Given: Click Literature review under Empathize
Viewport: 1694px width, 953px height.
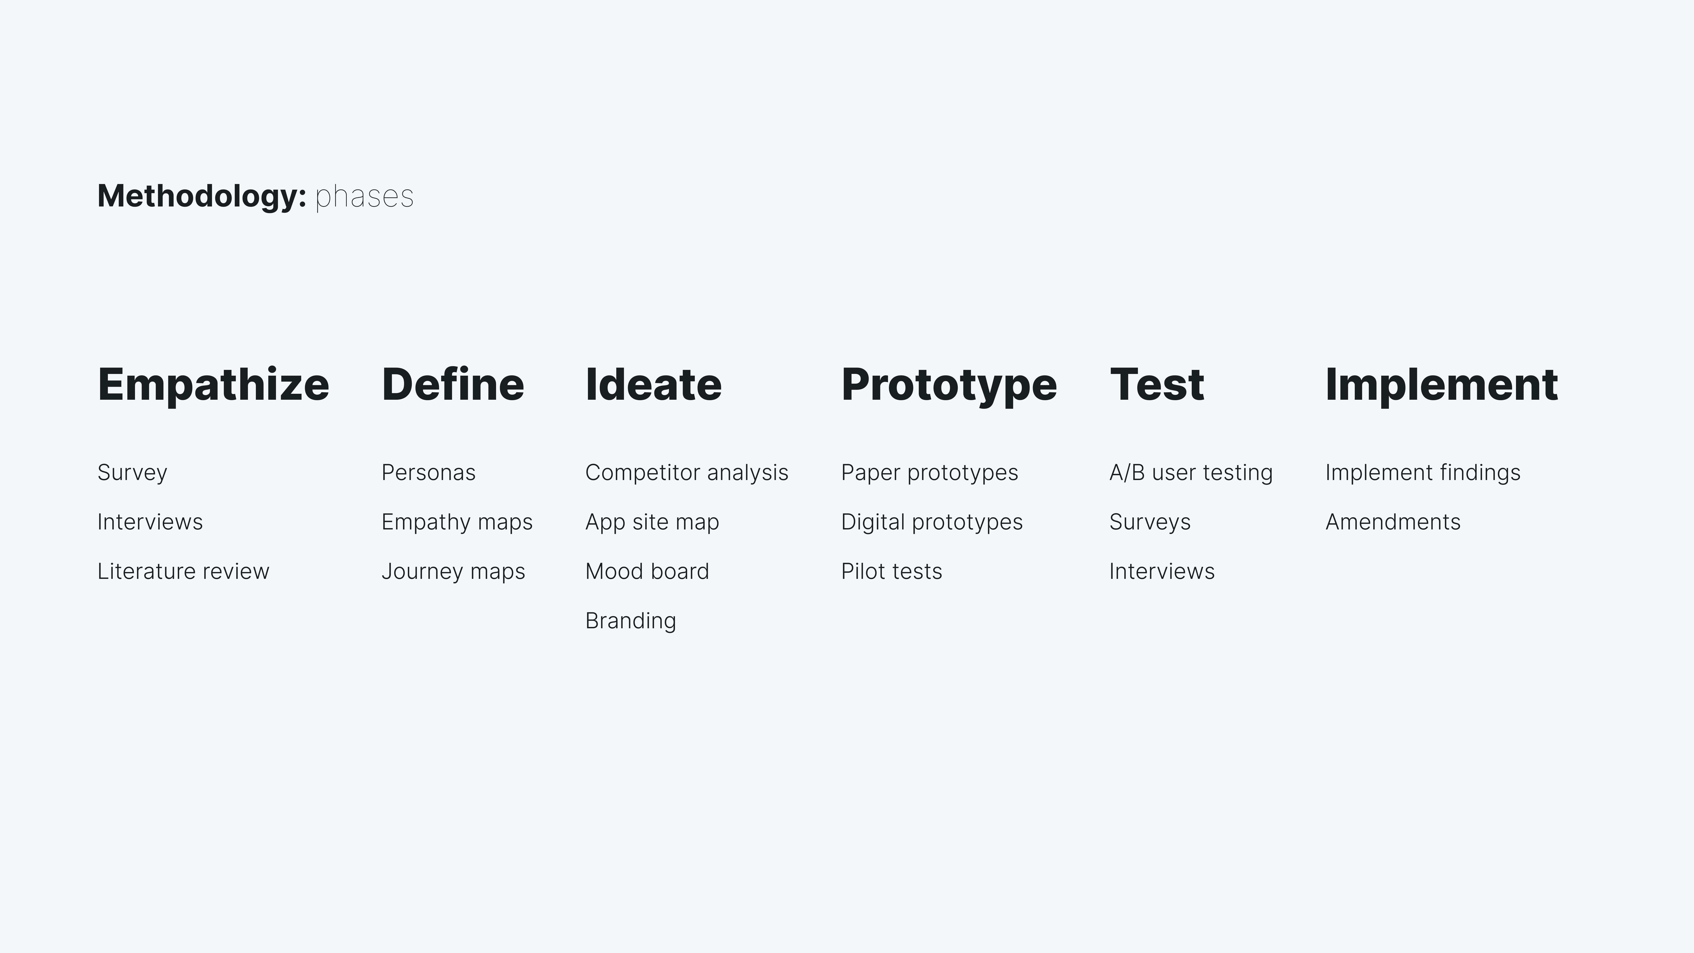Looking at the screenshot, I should point(183,571).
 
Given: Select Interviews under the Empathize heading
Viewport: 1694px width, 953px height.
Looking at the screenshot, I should point(150,522).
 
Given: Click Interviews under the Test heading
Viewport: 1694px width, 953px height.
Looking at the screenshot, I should point(1161,571).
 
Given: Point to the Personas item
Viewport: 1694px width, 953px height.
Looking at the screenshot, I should point(428,472).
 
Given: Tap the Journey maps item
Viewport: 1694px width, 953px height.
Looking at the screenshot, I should point(453,571).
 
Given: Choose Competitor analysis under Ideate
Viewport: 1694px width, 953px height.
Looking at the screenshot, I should point(687,472).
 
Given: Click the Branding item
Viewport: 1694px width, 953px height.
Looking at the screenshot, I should point(630,620).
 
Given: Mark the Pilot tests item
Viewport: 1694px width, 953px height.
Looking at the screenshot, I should point(891,571).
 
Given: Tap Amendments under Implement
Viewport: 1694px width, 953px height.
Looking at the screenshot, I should point(1392,522).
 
